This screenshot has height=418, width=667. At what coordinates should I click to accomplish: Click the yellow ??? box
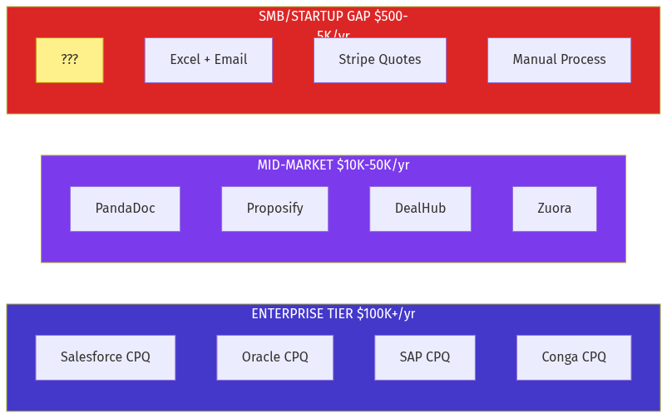[70, 60]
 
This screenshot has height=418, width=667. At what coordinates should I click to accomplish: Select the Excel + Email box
[208, 60]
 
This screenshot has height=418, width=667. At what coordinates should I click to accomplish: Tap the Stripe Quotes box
[379, 60]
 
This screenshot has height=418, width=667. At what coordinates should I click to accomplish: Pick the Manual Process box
[559, 60]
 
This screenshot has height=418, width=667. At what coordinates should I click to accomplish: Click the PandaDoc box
[125, 209]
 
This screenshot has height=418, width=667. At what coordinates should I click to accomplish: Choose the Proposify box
[274, 209]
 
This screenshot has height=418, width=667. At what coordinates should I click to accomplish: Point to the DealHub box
[420, 209]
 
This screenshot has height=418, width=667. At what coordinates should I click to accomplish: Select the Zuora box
[554, 209]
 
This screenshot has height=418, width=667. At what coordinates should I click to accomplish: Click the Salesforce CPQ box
[105, 357]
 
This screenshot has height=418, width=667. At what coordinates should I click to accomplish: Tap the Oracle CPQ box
[274, 357]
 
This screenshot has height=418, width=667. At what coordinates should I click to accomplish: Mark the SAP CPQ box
[424, 357]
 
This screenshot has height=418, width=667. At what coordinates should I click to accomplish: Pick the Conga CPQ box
[573, 357]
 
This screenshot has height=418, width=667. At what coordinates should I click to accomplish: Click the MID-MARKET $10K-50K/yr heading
[333, 165]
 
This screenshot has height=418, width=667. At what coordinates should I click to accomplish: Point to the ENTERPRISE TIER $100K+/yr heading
[333, 314]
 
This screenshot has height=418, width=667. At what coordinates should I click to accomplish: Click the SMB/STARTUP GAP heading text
[333, 17]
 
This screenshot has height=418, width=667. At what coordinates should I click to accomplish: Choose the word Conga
[560, 357]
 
